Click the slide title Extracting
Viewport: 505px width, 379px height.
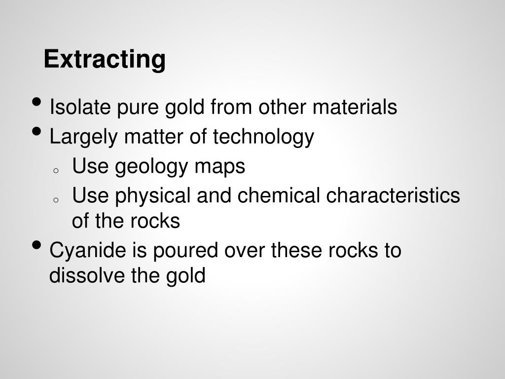click(x=105, y=60)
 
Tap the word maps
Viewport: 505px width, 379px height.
click(x=220, y=167)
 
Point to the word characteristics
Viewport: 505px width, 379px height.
click(x=393, y=196)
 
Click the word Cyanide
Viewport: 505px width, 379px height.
click(x=88, y=251)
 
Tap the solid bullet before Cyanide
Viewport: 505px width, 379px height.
click(x=36, y=246)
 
